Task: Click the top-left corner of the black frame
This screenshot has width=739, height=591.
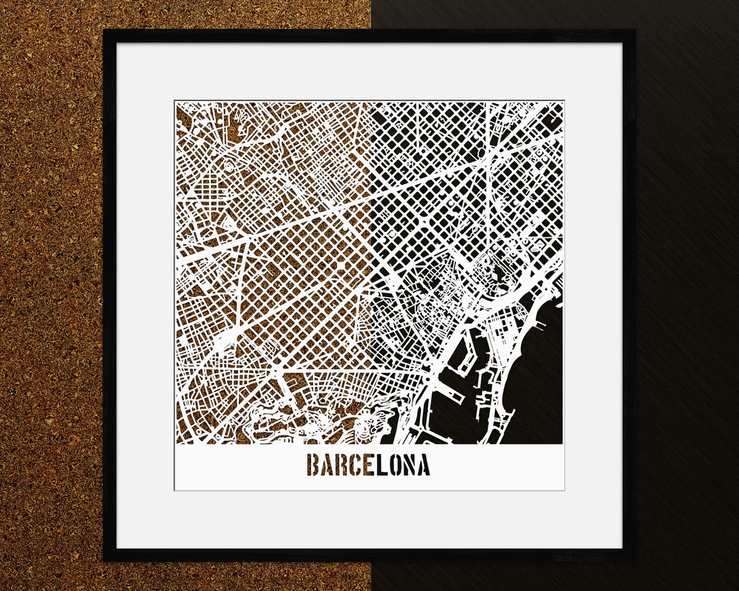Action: click(x=104, y=31)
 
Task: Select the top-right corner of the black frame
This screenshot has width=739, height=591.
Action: click(x=634, y=31)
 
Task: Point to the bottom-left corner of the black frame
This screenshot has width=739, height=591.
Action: click(x=104, y=560)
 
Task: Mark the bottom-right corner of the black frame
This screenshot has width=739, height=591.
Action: click(x=634, y=560)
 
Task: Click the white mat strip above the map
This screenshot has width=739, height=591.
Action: click(x=369, y=72)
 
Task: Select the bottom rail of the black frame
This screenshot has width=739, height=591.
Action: click(x=369, y=555)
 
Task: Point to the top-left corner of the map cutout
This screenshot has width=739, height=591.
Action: click(x=175, y=102)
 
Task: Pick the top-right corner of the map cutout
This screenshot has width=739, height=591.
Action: click(x=563, y=102)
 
